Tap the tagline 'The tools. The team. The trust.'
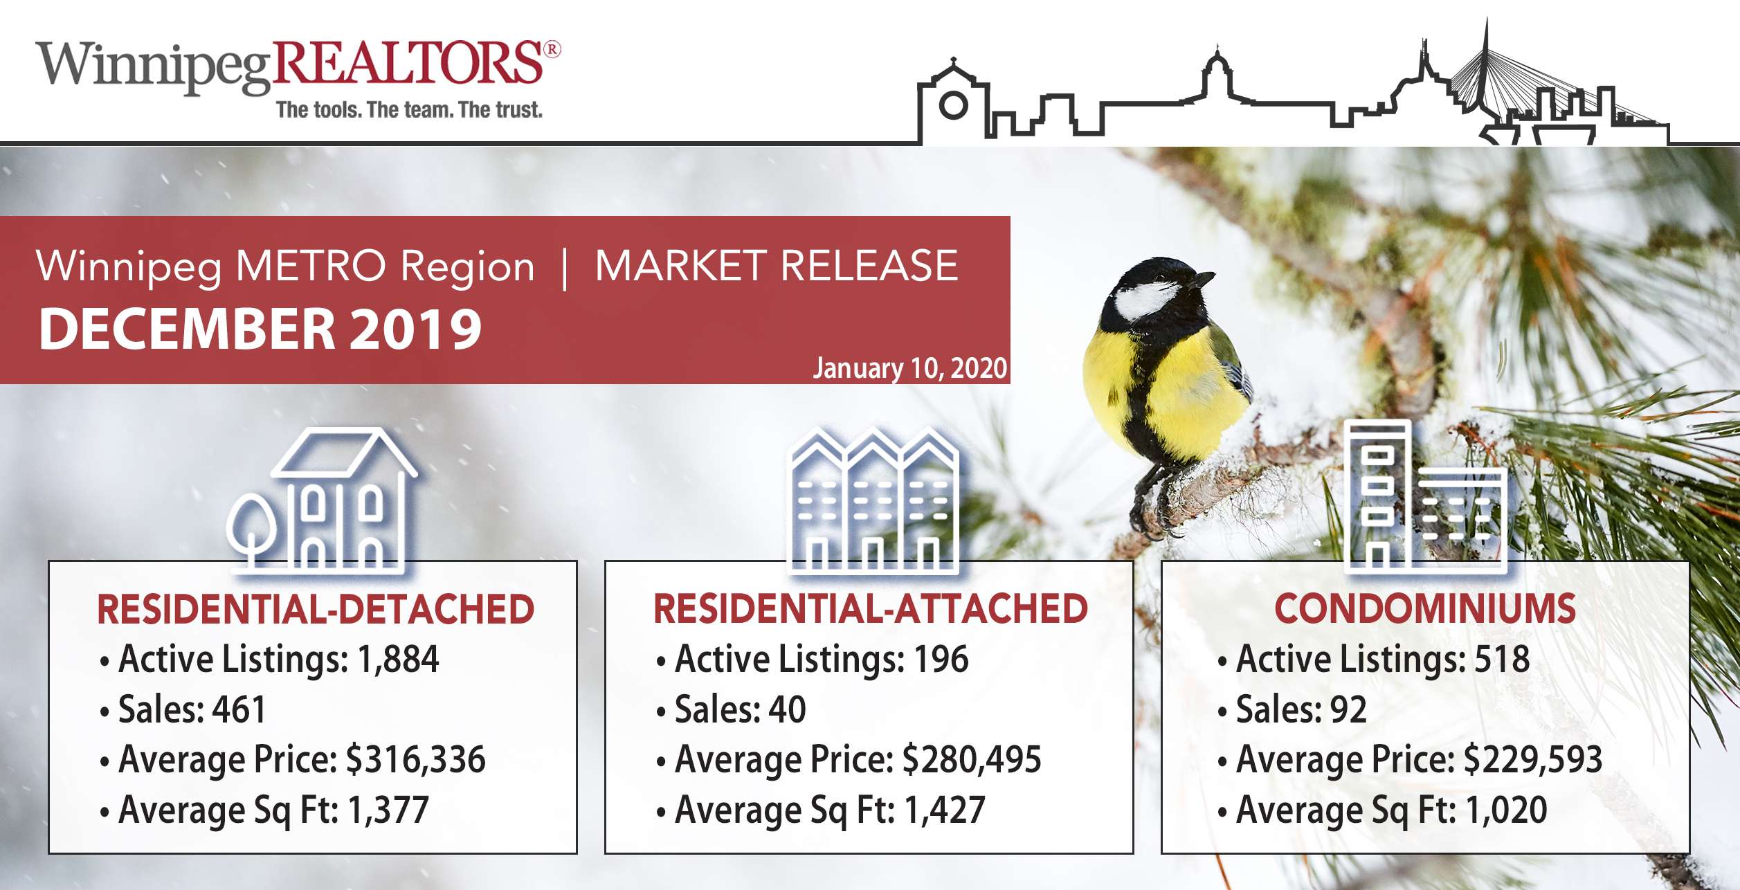(x=409, y=110)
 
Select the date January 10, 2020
(x=909, y=368)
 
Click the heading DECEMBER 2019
(x=260, y=328)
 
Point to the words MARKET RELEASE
(x=777, y=266)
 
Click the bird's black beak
(x=1202, y=280)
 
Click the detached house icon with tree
(x=323, y=500)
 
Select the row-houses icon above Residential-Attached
(x=874, y=500)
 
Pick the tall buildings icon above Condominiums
(x=1425, y=496)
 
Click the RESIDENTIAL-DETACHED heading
(x=316, y=609)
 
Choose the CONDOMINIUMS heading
(x=1425, y=609)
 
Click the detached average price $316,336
(x=416, y=759)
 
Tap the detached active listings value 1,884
(x=398, y=659)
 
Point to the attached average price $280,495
(x=972, y=759)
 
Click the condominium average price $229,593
(x=1533, y=759)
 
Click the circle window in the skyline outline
(x=953, y=105)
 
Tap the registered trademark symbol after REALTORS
(x=552, y=49)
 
